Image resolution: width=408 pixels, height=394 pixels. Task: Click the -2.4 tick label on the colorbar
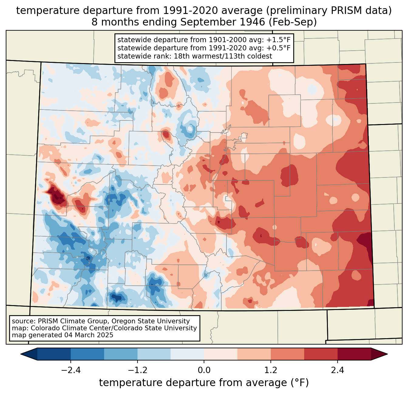coord(70,370)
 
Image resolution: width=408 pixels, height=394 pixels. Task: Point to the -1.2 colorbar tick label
coord(137,370)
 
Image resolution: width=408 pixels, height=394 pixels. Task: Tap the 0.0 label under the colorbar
coord(204,370)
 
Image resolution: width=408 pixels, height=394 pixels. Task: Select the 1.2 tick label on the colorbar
coord(271,370)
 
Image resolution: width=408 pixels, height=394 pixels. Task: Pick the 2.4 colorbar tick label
coord(337,370)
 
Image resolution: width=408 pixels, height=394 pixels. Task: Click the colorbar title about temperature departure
coord(204,383)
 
